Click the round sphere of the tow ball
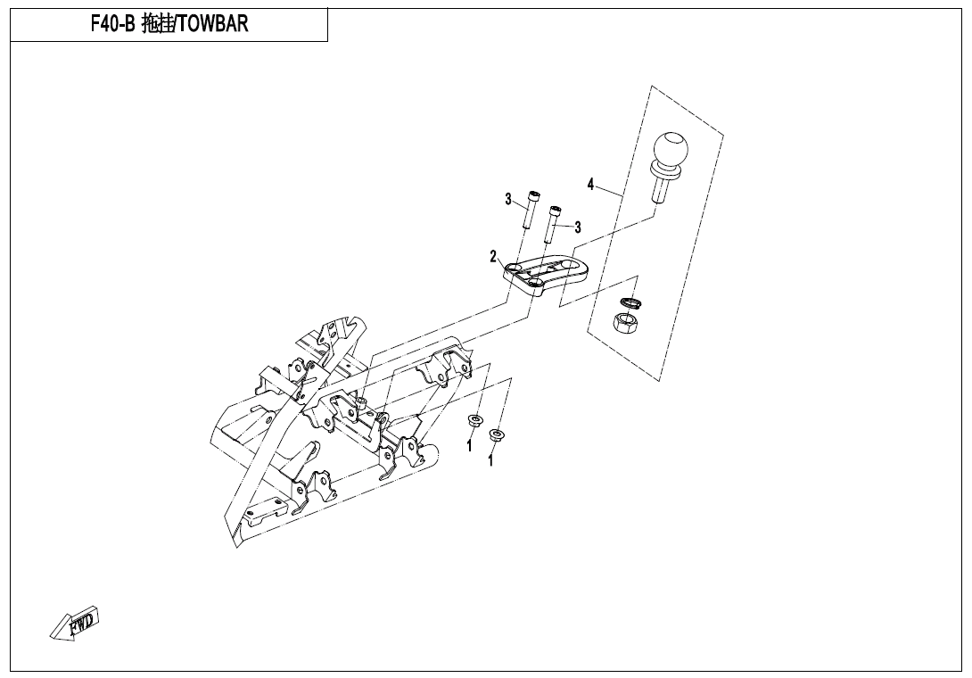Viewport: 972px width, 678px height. pos(671,149)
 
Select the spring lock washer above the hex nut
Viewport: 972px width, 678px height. pos(631,305)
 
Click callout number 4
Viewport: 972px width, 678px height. pos(590,185)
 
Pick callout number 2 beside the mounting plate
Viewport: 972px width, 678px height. pos(493,257)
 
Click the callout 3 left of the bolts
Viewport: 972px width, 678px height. pos(508,199)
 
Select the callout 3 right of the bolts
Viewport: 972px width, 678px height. pos(578,227)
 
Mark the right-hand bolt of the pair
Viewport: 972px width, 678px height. pos(555,224)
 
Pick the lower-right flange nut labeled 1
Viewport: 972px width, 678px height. pos(497,435)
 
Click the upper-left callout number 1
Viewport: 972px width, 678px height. pos(470,445)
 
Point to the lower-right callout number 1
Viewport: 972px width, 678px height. pos(490,461)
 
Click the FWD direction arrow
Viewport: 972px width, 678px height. pos(76,623)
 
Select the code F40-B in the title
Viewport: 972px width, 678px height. pos(113,25)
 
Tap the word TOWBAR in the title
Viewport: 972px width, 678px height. pos(214,25)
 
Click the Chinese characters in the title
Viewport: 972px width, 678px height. pos(158,25)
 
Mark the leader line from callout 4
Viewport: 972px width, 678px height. pos(611,193)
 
